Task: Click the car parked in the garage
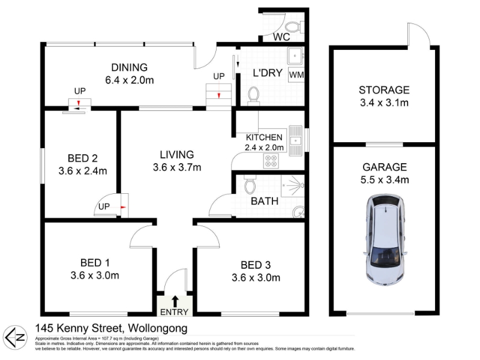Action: pyautogui.click(x=385, y=240)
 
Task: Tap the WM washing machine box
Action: pyautogui.click(x=296, y=74)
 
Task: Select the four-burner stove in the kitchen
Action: pyautogui.click(x=271, y=161)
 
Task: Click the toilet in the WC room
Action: pyautogui.click(x=295, y=27)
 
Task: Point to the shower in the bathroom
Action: pyautogui.click(x=293, y=186)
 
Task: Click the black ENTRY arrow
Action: pyautogui.click(x=175, y=301)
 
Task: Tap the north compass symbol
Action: pyautogui.click(x=14, y=338)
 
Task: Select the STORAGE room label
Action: pyautogui.click(x=384, y=90)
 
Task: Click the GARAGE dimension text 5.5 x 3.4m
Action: pyautogui.click(x=385, y=179)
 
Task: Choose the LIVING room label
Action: pyautogui.click(x=177, y=155)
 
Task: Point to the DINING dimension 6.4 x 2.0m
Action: pyautogui.click(x=130, y=80)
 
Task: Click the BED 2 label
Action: pyautogui.click(x=83, y=158)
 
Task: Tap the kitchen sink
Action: pyautogui.click(x=295, y=141)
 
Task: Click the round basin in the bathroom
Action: pyautogui.click(x=298, y=212)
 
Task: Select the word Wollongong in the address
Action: pyautogui.click(x=158, y=328)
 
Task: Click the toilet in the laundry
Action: pyautogui.click(x=253, y=96)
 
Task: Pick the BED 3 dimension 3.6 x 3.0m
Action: pyautogui.click(x=256, y=278)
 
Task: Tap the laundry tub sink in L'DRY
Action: pyautogui.click(x=295, y=56)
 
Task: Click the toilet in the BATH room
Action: pyautogui.click(x=250, y=184)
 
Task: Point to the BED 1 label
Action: pyautogui.click(x=95, y=263)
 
